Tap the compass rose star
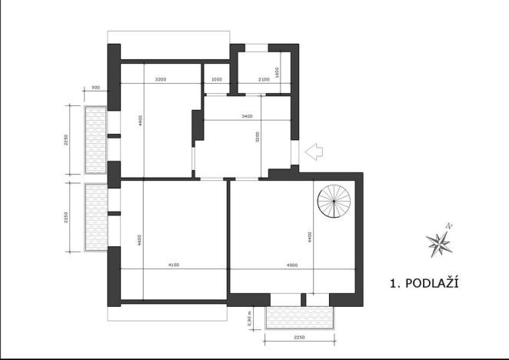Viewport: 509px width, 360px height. pos(439,244)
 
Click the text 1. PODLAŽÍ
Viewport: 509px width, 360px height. pos(424,283)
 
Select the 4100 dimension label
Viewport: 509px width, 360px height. pos(173,265)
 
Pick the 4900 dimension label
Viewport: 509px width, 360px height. pos(291,265)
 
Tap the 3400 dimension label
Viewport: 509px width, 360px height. pos(247,116)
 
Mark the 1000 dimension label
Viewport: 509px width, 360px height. pos(217,79)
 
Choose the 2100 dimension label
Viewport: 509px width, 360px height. pos(263,79)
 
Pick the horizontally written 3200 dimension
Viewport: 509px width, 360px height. pos(161,79)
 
